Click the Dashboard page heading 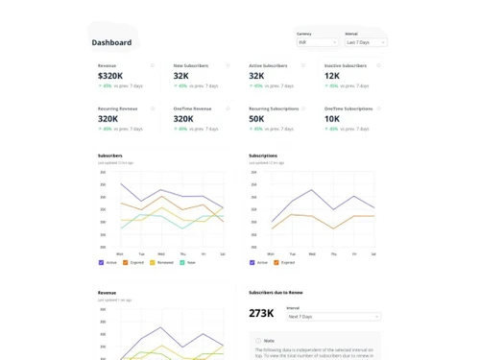pyautogui.click(x=111, y=42)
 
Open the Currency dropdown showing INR pyautogui.click(x=317, y=42)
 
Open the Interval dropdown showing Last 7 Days pyautogui.click(x=366, y=42)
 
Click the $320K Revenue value pyautogui.click(x=110, y=75)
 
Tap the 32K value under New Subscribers pyautogui.click(x=180, y=75)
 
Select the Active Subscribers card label pyautogui.click(x=268, y=65)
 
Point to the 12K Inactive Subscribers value pyautogui.click(x=332, y=75)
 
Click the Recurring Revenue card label pyautogui.click(x=116, y=108)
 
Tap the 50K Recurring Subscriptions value pyautogui.click(x=256, y=119)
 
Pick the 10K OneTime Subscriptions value pyautogui.click(x=332, y=119)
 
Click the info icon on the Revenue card pyautogui.click(x=153, y=65)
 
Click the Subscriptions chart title pyautogui.click(x=263, y=156)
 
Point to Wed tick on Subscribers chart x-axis pyautogui.click(x=161, y=253)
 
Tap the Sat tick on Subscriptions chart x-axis pyautogui.click(x=374, y=253)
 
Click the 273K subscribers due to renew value pyautogui.click(x=261, y=313)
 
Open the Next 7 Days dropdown pyautogui.click(x=333, y=316)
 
